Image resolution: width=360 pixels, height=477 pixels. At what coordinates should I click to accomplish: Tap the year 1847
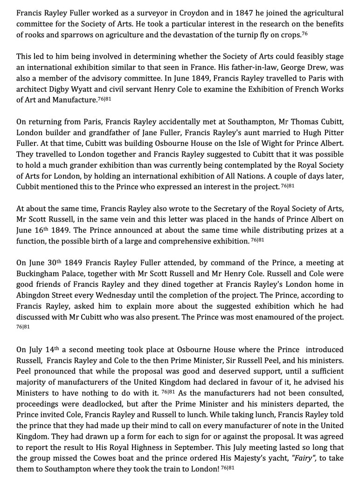click(222, 13)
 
